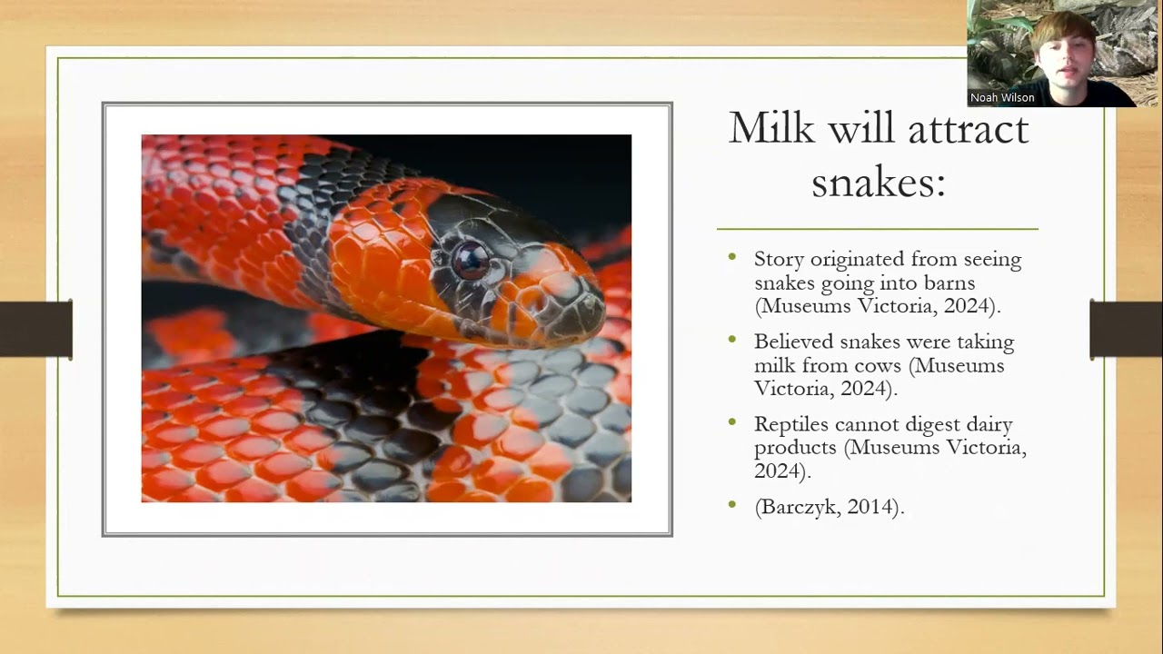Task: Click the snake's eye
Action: click(x=471, y=261)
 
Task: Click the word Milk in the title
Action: click(x=771, y=128)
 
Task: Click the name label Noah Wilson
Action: click(x=1002, y=97)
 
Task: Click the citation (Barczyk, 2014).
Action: click(x=829, y=507)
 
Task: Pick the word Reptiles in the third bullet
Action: click(x=791, y=424)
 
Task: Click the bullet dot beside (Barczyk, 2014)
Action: click(x=732, y=504)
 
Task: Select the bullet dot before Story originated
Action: click(x=732, y=257)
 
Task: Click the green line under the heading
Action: click(x=877, y=229)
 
